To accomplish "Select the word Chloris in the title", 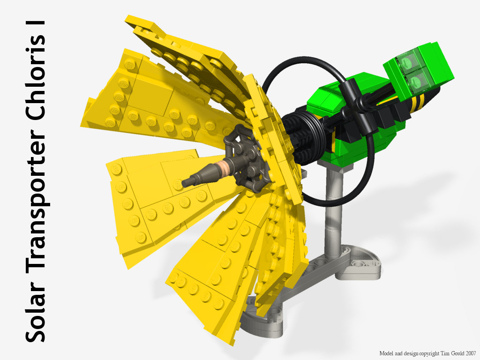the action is tap(35, 80).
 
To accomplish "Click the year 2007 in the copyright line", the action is tap(471, 353).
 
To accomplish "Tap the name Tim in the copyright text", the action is tap(445, 353).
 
